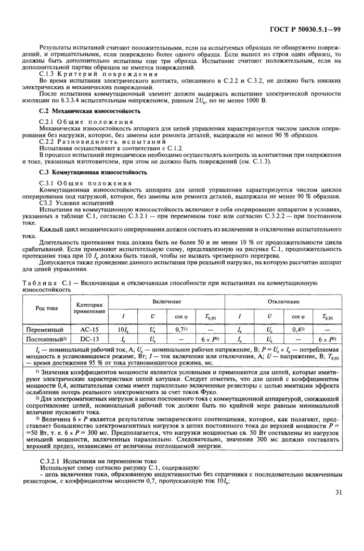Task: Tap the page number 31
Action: pos(337,492)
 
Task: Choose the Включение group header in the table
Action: pos(166,301)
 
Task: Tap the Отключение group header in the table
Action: pos(283,301)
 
